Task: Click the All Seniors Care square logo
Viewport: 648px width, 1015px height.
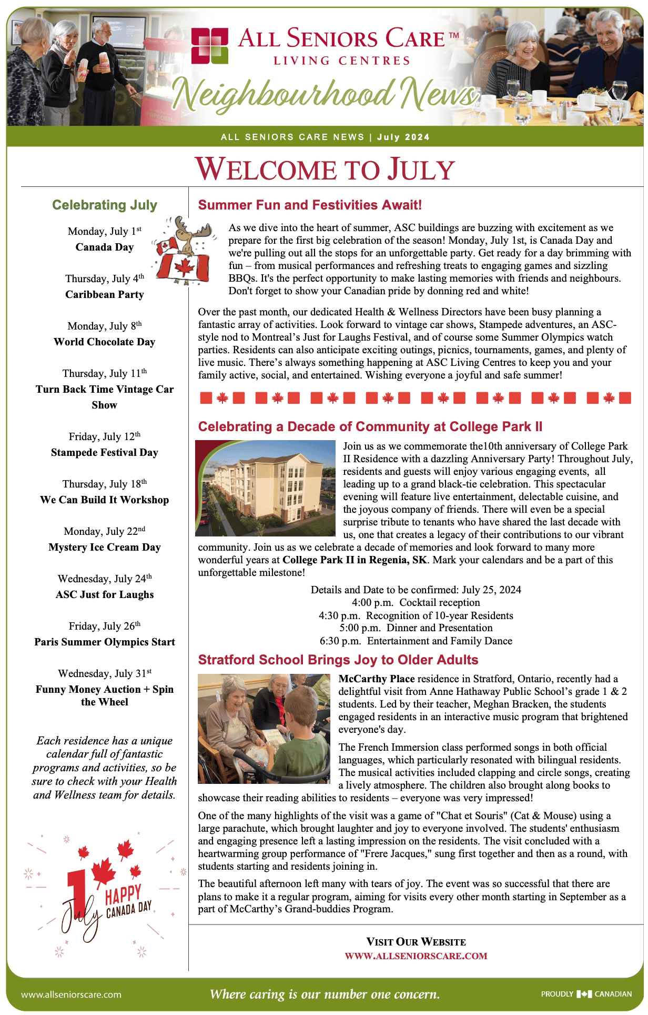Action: coord(210,46)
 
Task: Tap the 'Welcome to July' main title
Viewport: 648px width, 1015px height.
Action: coord(325,170)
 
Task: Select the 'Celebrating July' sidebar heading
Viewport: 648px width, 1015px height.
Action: coord(105,205)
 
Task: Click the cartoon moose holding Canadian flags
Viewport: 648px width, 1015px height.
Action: coord(184,251)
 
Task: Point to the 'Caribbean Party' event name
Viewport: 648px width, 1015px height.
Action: coord(105,294)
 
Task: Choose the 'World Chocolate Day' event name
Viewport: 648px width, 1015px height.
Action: coord(105,342)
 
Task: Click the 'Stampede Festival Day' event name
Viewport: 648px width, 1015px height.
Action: coord(105,452)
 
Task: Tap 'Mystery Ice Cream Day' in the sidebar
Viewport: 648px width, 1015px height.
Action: coord(105,547)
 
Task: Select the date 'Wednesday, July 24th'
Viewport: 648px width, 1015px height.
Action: coord(105,579)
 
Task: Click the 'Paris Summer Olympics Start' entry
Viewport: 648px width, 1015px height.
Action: coord(105,642)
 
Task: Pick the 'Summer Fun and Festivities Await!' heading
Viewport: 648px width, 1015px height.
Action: coord(310,205)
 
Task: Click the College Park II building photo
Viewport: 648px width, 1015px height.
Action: coord(265,488)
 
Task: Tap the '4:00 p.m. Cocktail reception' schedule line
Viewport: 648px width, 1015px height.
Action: coord(416,602)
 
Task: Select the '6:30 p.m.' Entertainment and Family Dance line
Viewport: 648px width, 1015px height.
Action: coord(416,641)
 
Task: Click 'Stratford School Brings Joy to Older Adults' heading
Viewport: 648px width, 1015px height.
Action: coord(338,660)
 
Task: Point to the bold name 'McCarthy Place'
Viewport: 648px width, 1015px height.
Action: coord(377,679)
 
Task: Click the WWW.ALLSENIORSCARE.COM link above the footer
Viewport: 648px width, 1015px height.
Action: coord(416,956)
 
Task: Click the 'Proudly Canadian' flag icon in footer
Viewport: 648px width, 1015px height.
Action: coord(584,994)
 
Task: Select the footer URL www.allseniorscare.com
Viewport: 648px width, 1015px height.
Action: coord(71,994)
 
